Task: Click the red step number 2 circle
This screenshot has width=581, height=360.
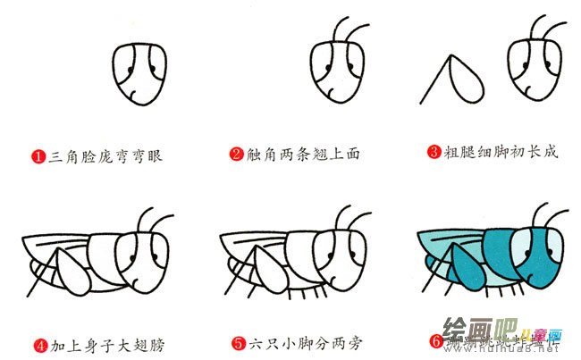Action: point(236,155)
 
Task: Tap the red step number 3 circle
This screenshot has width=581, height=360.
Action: point(434,153)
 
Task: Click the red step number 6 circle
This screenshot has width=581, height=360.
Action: point(435,341)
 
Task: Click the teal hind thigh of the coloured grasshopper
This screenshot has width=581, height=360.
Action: point(465,272)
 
